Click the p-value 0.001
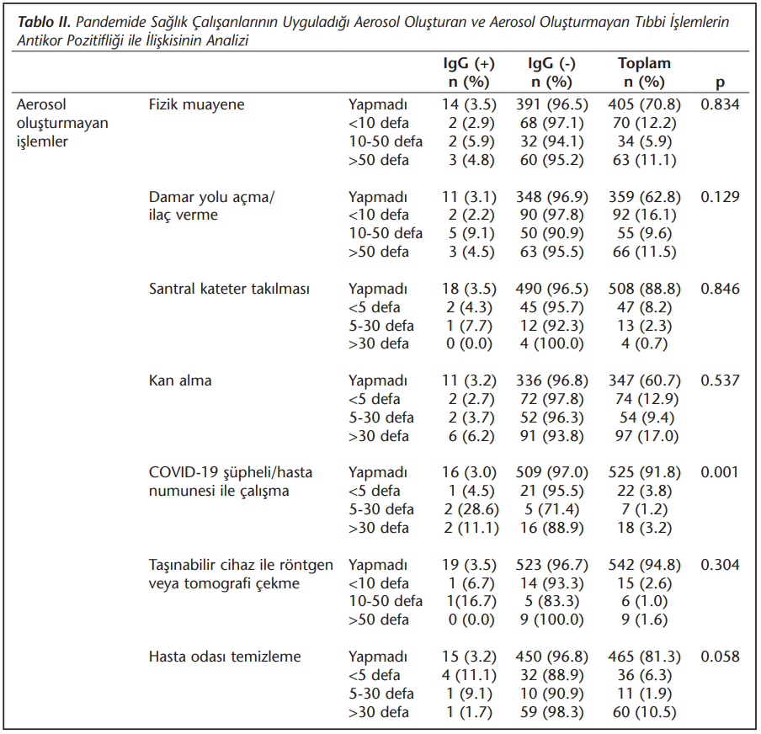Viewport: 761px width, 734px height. coord(719,472)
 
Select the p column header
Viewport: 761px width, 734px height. coord(721,82)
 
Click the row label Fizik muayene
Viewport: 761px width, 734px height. coord(196,104)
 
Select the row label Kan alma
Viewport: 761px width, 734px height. coord(180,380)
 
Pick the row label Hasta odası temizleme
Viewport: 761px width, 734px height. coord(225,657)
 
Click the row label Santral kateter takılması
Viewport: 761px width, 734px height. coord(229,289)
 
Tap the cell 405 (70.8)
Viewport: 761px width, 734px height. coord(645,104)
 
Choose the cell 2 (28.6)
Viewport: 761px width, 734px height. coord(471,509)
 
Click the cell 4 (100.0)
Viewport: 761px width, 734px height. coord(552,343)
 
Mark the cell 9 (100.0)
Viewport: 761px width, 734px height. coord(552,620)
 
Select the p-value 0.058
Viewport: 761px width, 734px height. coord(720,657)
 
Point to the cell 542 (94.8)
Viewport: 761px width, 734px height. coord(645,565)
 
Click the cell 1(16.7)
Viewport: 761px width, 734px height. coord(471,602)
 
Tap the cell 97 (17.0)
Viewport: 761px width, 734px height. coord(647,436)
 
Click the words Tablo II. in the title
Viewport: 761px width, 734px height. coord(44,22)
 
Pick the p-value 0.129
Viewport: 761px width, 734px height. coord(720,197)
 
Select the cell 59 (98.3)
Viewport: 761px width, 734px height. coord(552,712)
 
